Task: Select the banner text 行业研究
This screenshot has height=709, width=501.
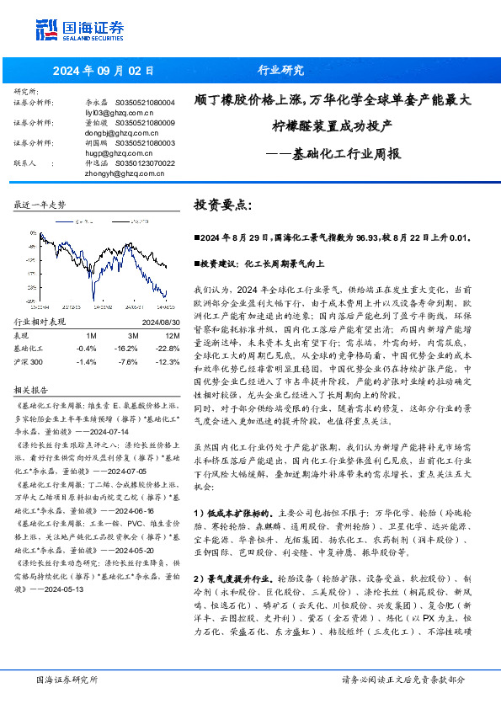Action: click(280, 71)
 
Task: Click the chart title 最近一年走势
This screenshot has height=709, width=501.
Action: click(40, 205)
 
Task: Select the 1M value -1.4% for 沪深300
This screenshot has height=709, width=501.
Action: click(86, 360)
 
